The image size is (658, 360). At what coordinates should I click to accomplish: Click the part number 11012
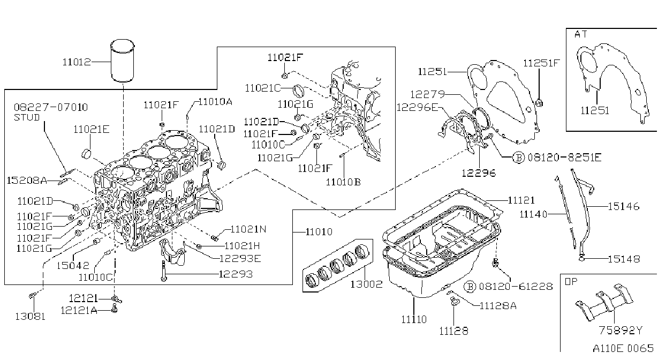[x=77, y=62]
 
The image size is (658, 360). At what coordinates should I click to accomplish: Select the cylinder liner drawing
[x=122, y=61]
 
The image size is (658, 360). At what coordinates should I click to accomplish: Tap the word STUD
[x=27, y=117]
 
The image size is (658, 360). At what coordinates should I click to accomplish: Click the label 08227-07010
[x=51, y=107]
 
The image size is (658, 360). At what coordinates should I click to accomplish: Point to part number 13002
[x=366, y=284]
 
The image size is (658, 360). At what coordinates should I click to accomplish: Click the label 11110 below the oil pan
[x=414, y=319]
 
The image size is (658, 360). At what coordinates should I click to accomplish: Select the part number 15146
[x=623, y=206]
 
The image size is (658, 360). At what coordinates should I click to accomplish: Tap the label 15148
[x=624, y=259]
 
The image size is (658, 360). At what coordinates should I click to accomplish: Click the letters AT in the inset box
[x=580, y=34]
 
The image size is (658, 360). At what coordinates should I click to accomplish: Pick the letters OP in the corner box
[x=571, y=282]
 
